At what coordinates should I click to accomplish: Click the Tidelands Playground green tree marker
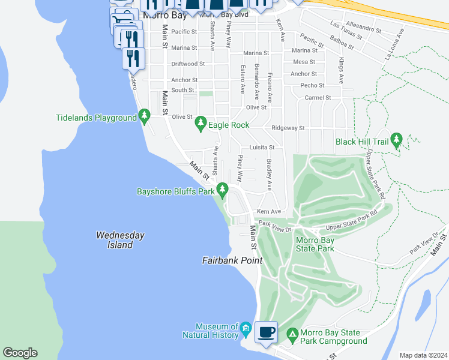(x=144, y=116)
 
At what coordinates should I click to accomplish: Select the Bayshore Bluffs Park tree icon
(x=223, y=190)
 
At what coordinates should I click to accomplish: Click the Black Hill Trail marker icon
(x=396, y=140)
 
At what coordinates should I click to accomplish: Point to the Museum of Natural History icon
(x=246, y=329)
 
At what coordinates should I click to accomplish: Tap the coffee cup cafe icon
(x=266, y=332)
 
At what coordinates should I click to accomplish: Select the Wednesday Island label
(x=120, y=240)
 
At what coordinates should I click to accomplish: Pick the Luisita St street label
(x=261, y=147)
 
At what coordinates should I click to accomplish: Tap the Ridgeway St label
(x=288, y=128)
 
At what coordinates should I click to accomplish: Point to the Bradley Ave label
(x=270, y=175)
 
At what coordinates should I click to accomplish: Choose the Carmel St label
(x=318, y=97)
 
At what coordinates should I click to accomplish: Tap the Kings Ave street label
(x=341, y=71)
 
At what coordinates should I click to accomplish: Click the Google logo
(x=20, y=353)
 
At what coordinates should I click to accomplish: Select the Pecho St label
(x=312, y=86)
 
